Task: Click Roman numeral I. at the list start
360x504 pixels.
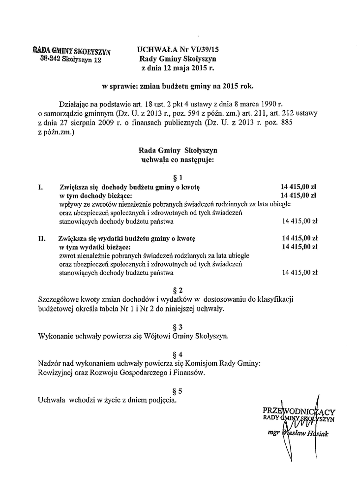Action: [40, 187]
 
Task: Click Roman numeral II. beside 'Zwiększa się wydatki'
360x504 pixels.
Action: [42, 238]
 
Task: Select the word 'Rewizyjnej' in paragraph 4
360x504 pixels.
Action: [55, 373]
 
